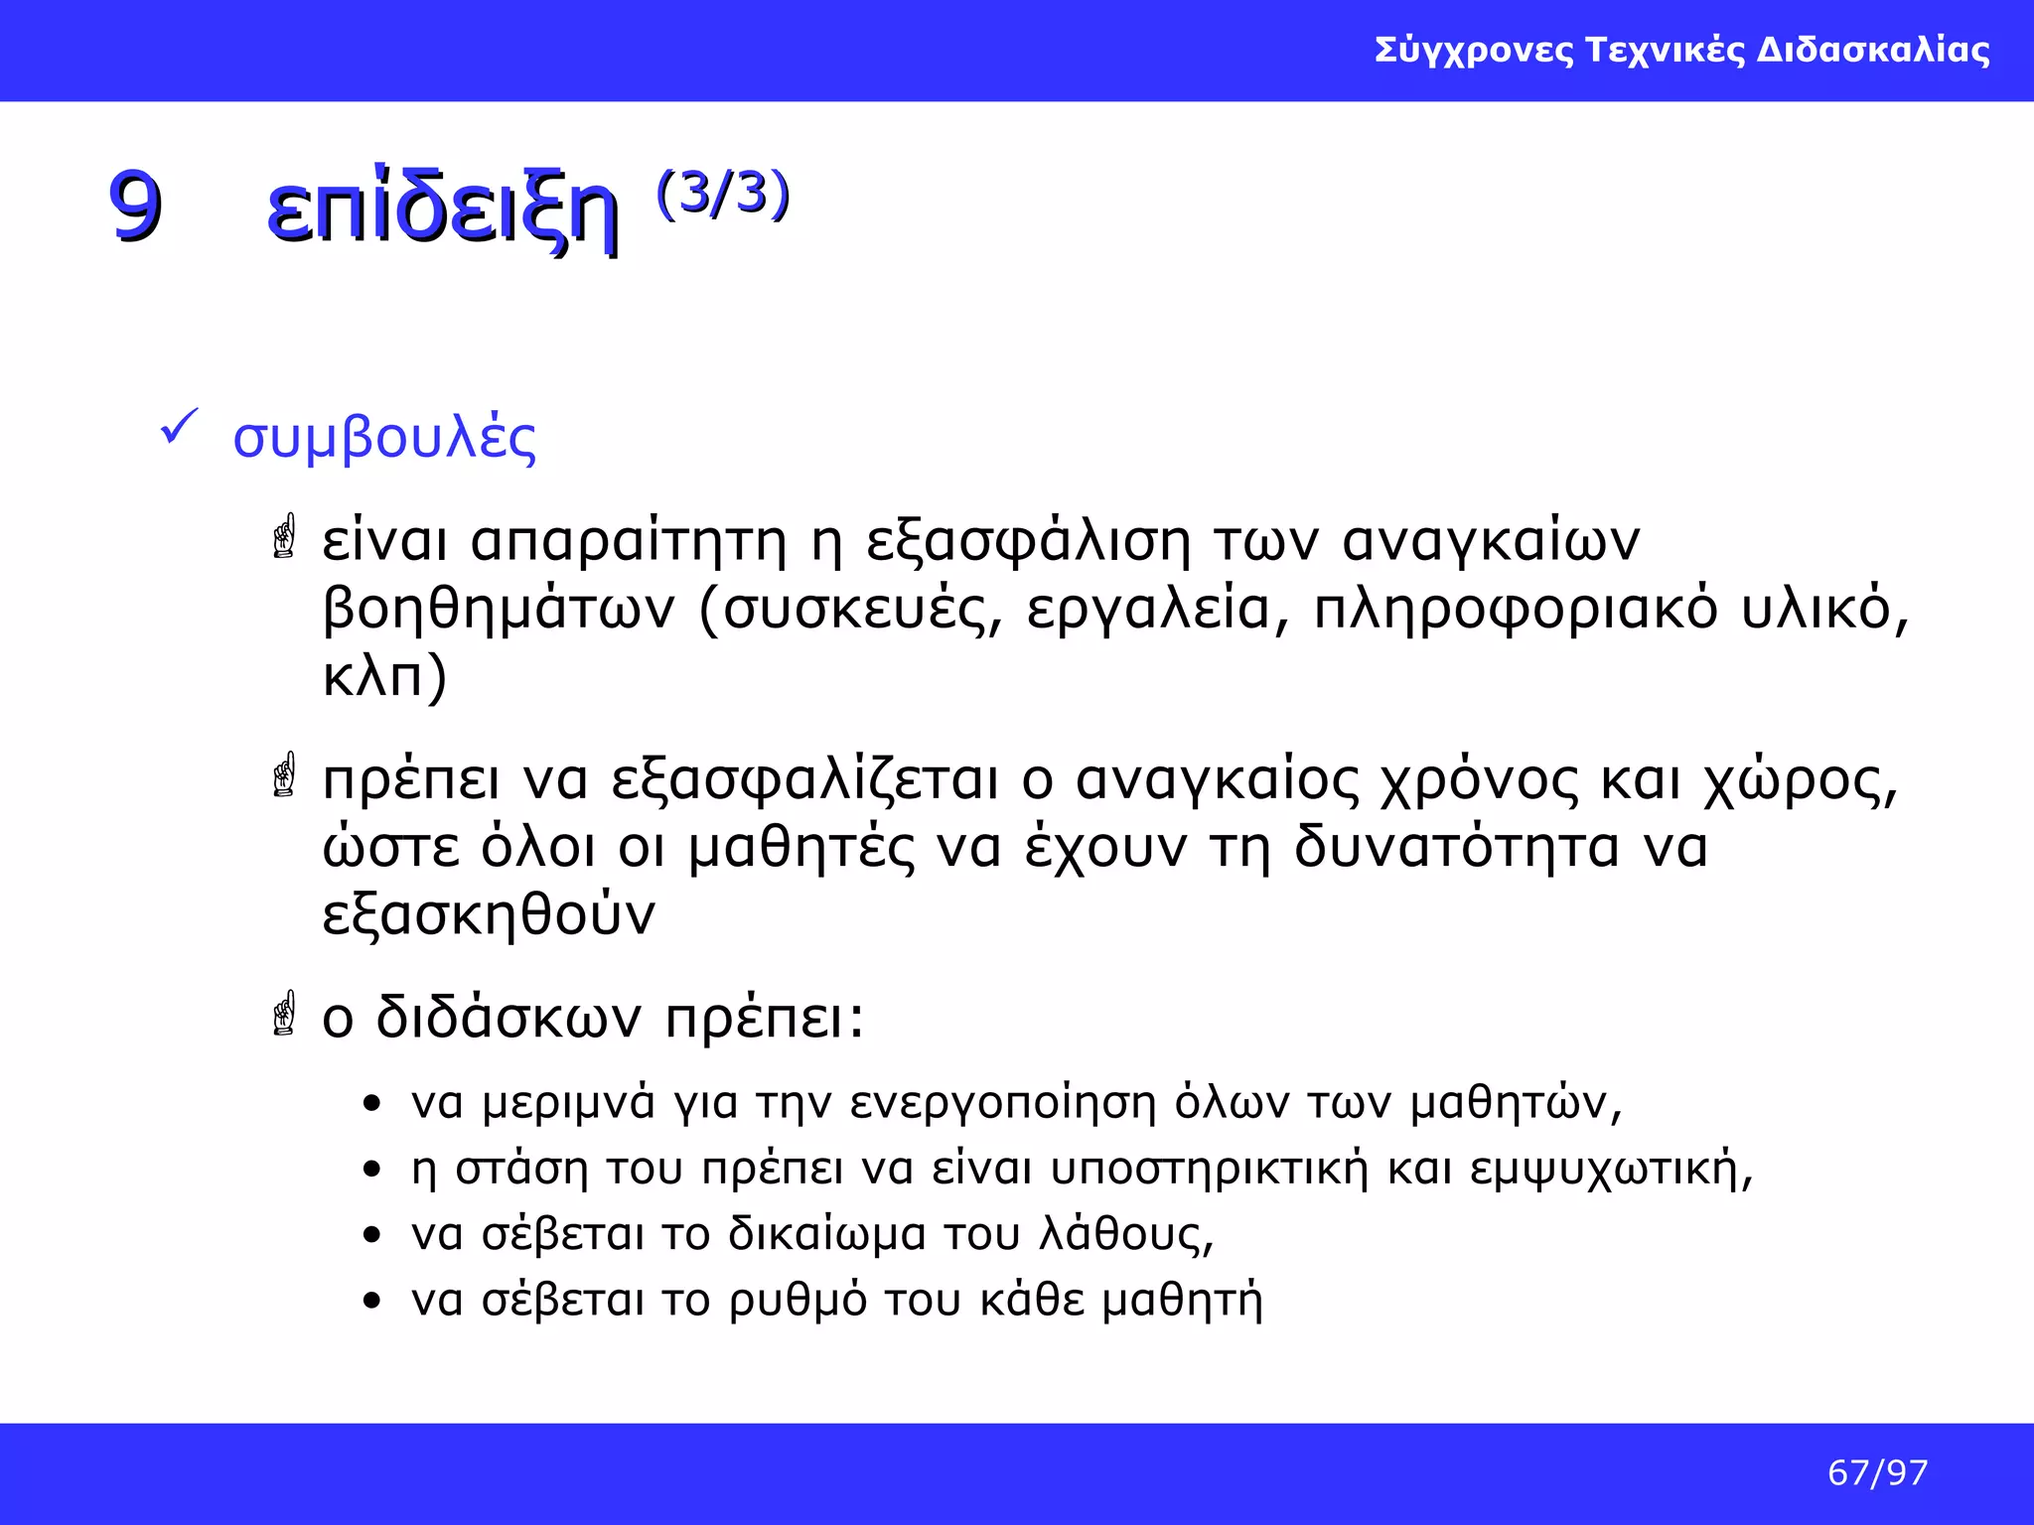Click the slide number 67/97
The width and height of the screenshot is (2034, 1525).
1877,1472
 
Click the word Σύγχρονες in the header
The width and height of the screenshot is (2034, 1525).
1474,50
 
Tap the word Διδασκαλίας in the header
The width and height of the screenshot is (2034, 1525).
1873,50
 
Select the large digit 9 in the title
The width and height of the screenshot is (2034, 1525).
135,207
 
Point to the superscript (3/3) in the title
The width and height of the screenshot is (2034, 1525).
722,194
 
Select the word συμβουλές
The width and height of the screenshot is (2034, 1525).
384,438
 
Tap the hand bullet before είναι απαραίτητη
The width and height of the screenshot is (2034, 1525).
285,536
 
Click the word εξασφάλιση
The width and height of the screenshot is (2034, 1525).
1028,543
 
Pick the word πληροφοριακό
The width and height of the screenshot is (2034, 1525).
1516,609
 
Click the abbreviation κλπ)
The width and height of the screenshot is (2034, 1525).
385,677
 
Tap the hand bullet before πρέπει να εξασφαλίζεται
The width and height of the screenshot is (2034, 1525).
285,775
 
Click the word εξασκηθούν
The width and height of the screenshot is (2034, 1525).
489,915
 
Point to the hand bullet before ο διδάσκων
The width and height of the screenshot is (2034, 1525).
285,1014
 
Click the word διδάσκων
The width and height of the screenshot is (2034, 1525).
508,1018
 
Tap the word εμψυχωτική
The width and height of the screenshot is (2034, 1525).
1610,1169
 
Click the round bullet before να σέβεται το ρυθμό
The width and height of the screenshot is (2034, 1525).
371,1300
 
